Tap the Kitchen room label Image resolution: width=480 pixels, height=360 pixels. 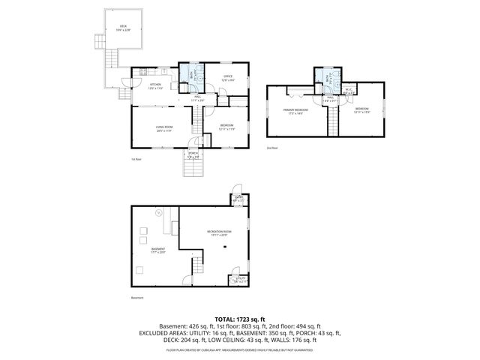pyautogui.click(x=155, y=86)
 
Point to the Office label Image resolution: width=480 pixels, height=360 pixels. pyautogui.click(x=228, y=78)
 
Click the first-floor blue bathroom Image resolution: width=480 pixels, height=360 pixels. pyautogui.click(x=192, y=76)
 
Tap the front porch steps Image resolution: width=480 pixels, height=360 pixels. pyautogui.click(x=193, y=169)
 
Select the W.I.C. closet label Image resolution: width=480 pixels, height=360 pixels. pyautogui.click(x=349, y=92)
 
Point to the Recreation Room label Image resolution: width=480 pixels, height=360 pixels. pyautogui.click(x=219, y=233)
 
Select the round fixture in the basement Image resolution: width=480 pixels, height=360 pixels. pyautogui.click(x=158, y=213)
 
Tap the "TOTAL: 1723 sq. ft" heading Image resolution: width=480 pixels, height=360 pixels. pyautogui.click(x=239, y=319)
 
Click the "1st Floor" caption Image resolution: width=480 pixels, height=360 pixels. pyautogui.click(x=134, y=160)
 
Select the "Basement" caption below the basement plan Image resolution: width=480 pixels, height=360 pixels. pyautogui.click(x=136, y=298)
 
